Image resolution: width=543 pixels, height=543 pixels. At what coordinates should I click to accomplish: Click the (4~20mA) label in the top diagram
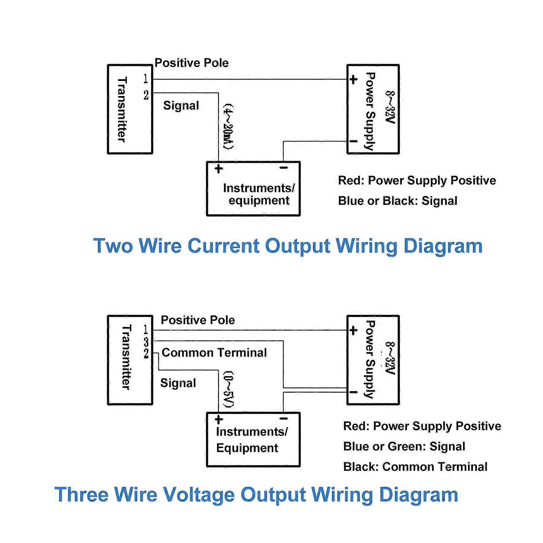pyautogui.click(x=228, y=127)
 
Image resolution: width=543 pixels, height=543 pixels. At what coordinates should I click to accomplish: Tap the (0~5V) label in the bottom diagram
pyautogui.click(x=228, y=389)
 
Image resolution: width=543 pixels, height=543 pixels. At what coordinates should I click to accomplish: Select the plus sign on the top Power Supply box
pyautogui.click(x=353, y=80)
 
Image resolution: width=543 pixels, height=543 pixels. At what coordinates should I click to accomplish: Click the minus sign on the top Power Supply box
pyautogui.click(x=353, y=141)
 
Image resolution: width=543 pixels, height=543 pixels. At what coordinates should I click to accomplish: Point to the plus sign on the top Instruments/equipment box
pyautogui.click(x=219, y=168)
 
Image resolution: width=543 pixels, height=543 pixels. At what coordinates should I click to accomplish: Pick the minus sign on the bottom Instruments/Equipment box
pyautogui.click(x=284, y=419)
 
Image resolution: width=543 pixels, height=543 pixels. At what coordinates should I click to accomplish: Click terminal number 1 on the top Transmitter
pyautogui.click(x=146, y=79)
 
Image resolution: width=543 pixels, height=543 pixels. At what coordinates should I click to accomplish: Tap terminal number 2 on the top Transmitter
pyautogui.click(x=146, y=95)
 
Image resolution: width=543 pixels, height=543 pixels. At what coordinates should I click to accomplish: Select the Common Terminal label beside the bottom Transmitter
pyautogui.click(x=214, y=353)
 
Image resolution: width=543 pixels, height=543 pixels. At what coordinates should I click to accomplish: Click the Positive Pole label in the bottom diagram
pyautogui.click(x=198, y=320)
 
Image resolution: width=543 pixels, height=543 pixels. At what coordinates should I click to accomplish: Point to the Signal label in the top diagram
pyautogui.click(x=181, y=105)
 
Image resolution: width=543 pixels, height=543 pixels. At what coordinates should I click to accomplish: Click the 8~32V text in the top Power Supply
pyautogui.click(x=390, y=108)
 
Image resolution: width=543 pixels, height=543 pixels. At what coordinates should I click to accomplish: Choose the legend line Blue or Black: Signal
pyautogui.click(x=397, y=201)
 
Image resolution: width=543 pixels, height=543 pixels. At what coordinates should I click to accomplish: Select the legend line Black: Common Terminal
pyautogui.click(x=415, y=467)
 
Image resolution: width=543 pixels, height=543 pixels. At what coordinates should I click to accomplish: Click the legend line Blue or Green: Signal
pyautogui.click(x=404, y=446)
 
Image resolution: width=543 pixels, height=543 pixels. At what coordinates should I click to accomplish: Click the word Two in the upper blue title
pyautogui.click(x=113, y=246)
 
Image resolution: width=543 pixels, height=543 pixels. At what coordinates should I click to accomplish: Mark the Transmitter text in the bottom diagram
pyautogui.click(x=126, y=357)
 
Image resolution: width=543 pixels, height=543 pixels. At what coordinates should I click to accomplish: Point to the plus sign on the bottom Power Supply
pyautogui.click(x=353, y=330)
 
